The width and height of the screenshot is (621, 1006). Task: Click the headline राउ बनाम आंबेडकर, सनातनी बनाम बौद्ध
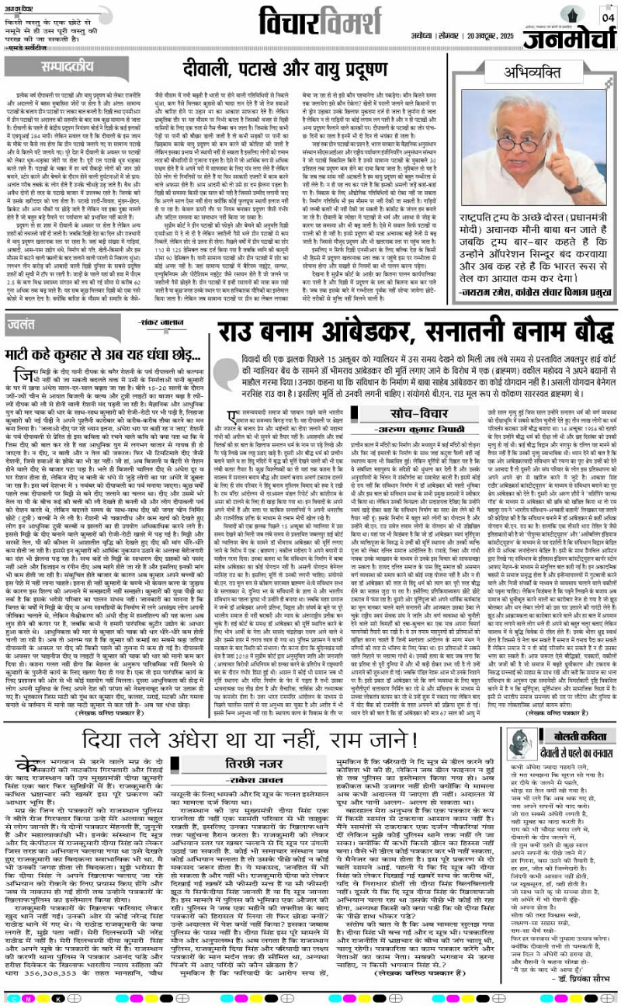click(x=396, y=326)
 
